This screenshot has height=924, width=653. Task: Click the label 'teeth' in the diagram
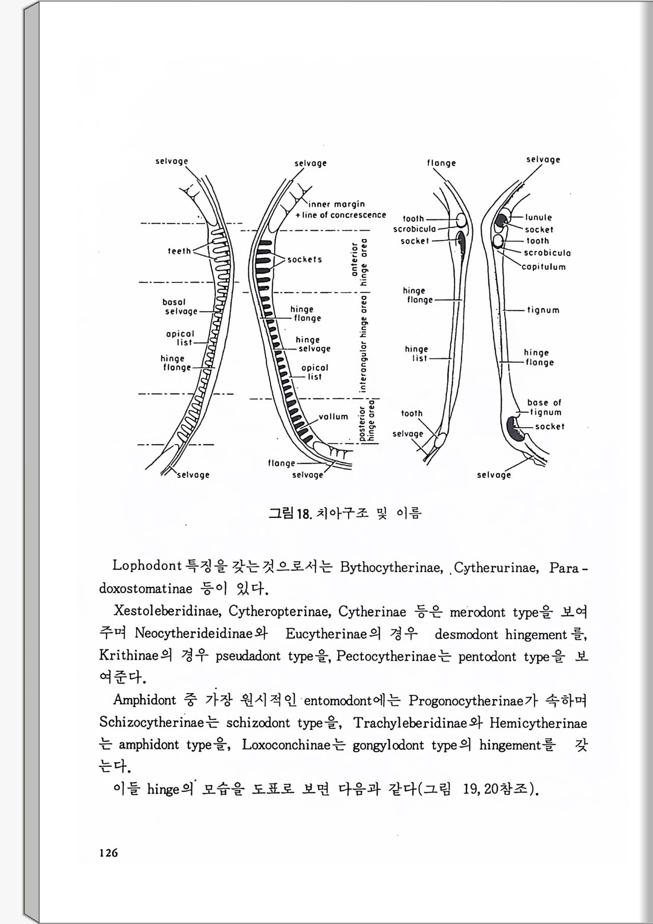179,251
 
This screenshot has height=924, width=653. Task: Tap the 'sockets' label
304,259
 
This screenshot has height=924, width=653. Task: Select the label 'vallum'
333,417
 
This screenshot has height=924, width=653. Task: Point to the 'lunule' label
538,217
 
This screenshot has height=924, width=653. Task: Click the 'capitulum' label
543,267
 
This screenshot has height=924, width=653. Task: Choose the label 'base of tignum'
545,407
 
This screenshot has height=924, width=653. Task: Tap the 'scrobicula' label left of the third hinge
415,229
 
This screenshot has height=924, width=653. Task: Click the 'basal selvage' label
180,307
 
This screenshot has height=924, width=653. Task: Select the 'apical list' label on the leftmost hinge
180,338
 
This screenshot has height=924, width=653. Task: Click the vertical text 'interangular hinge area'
363,344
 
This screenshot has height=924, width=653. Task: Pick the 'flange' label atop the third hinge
442,163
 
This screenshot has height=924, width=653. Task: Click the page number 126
108,853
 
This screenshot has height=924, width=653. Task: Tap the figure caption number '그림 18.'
290,513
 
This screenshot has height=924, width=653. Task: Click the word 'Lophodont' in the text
147,566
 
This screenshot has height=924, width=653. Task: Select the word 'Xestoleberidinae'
167,611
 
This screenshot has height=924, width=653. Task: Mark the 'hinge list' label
417,354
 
